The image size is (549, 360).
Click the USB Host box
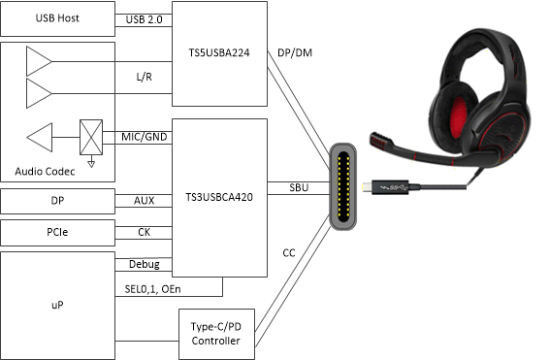(x=57, y=18)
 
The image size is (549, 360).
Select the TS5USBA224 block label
(x=219, y=53)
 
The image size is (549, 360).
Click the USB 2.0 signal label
(x=143, y=18)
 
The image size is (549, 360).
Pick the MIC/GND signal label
(x=143, y=137)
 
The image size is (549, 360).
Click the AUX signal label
(x=143, y=201)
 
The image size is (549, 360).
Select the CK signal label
(x=143, y=233)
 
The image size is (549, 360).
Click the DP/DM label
(x=295, y=52)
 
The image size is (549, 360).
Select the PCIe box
(x=57, y=233)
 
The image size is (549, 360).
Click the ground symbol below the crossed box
(x=90, y=163)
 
